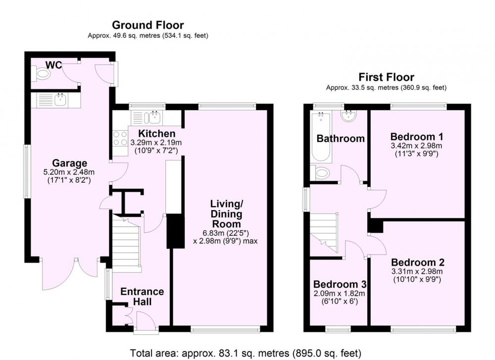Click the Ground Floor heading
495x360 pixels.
[x=148, y=25]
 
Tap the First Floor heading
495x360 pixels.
[x=386, y=77]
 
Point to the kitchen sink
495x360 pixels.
[x=153, y=118]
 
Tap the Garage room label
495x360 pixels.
[x=69, y=163]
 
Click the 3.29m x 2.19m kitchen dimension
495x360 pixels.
[x=156, y=143]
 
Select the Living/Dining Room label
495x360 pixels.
[x=226, y=214]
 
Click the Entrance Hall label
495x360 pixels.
[x=142, y=296]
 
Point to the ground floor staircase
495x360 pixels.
[x=126, y=243]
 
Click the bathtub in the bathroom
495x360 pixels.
[x=321, y=137]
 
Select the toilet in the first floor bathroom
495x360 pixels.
[x=320, y=173]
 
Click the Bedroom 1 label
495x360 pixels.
[x=417, y=137]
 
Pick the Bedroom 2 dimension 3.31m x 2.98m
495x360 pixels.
[x=417, y=271]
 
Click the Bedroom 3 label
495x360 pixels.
[x=340, y=284]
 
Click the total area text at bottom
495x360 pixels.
[x=246, y=353]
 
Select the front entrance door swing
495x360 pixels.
[x=146, y=320]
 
